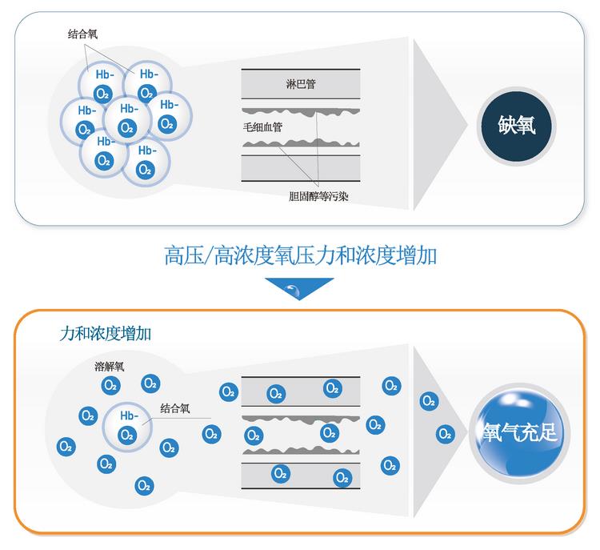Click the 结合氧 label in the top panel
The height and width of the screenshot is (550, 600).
click(83, 34)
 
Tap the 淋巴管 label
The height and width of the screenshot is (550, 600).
click(300, 83)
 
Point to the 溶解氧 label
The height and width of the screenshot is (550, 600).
click(110, 367)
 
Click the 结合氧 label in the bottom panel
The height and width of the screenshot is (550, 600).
click(175, 408)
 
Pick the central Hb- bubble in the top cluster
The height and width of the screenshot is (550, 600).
click(127, 118)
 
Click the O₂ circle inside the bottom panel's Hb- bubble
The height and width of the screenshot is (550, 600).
click(126, 435)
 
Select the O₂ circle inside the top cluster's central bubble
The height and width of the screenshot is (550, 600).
click(126, 127)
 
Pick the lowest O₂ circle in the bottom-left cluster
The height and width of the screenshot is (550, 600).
click(144, 484)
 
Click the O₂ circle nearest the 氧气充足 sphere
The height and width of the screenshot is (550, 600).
click(446, 435)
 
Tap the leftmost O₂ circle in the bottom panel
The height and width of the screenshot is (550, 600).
click(66, 446)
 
